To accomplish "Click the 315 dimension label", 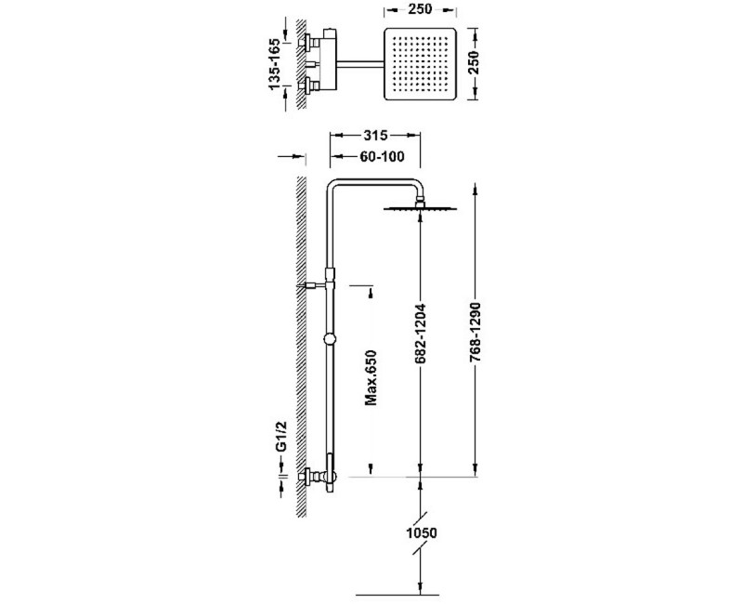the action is pyautogui.click(x=375, y=136).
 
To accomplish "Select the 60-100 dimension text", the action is pyautogui.click(x=382, y=156).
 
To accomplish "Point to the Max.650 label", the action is pyautogui.click(x=371, y=377).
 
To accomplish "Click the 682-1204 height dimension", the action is pyautogui.click(x=421, y=334).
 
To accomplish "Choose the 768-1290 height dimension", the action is pyautogui.click(x=476, y=334).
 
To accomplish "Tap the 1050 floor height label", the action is pyautogui.click(x=422, y=532).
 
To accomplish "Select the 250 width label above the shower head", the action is pyautogui.click(x=420, y=9).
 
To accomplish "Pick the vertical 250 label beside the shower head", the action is pyautogui.click(x=474, y=62).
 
